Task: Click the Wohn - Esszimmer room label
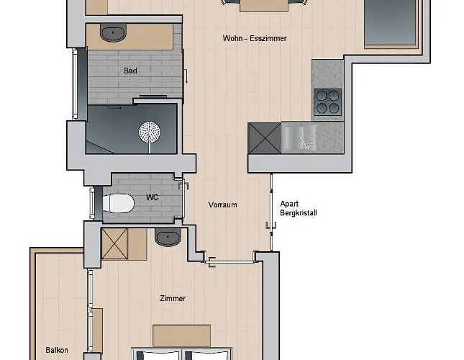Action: pos(255,38)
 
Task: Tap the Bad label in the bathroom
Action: pos(130,71)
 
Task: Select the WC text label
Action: pos(152,197)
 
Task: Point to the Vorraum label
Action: pos(222,204)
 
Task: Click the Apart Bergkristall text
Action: pos(299,208)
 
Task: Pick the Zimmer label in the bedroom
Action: pos(173,298)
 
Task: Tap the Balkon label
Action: pos(57,350)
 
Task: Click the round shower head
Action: pos(150,132)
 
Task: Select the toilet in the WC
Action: pos(119,203)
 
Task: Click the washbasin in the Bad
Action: pos(114,32)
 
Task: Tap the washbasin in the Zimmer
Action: pos(168,237)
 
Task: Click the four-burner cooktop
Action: pos(327,102)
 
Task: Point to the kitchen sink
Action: pos(299,138)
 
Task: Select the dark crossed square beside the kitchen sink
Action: pos(264,138)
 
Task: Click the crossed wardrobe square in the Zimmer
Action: pos(114,244)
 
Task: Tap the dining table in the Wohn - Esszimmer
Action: pos(264,6)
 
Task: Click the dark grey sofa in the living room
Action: pos(391,22)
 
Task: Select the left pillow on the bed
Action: pos(158,355)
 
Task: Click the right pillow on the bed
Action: pos(207,355)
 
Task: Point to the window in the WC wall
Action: pos(92,203)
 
